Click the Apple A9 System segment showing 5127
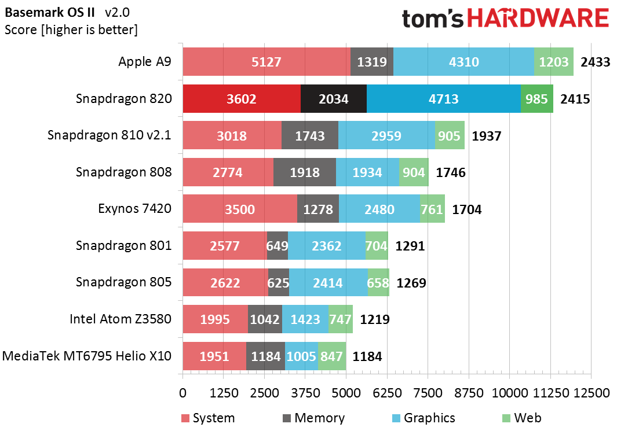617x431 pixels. click(266, 62)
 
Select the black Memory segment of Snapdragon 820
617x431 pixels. click(334, 99)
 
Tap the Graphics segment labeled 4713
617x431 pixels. click(444, 99)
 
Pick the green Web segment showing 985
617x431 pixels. click(536, 99)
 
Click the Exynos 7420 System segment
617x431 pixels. click(240, 209)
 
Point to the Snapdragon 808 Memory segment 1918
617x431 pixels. click(305, 172)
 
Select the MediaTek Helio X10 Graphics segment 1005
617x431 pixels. click(301, 356)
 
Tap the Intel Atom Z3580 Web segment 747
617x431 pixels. click(341, 319)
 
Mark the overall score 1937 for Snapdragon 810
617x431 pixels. click(487, 136)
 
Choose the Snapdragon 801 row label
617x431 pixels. click(123, 245)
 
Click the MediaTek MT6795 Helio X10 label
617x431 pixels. click(87, 355)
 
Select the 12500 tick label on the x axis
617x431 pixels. click(591, 393)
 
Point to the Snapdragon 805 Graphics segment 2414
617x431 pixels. click(328, 282)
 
